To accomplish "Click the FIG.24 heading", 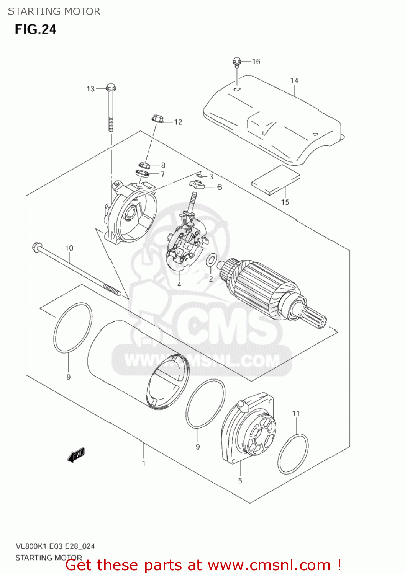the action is click(36, 29).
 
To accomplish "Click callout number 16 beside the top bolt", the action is click(256, 62).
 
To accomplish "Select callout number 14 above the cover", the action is click(294, 81).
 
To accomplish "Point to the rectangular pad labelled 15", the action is click(275, 180).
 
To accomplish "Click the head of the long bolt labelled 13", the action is click(110, 88).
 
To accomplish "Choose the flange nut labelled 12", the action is click(157, 119).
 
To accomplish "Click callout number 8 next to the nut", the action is click(163, 165).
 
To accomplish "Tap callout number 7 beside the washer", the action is click(163, 174).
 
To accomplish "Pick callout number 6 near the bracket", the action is click(220, 187).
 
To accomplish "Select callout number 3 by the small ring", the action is click(211, 176).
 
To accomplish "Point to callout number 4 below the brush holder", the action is click(179, 285).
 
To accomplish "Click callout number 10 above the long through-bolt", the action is click(69, 248).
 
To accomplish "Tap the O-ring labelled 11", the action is click(293, 454).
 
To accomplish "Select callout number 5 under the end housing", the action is click(240, 481).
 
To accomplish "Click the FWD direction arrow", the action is click(76, 454).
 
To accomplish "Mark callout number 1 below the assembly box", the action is click(144, 463).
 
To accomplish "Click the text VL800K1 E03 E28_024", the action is click(55, 546).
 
